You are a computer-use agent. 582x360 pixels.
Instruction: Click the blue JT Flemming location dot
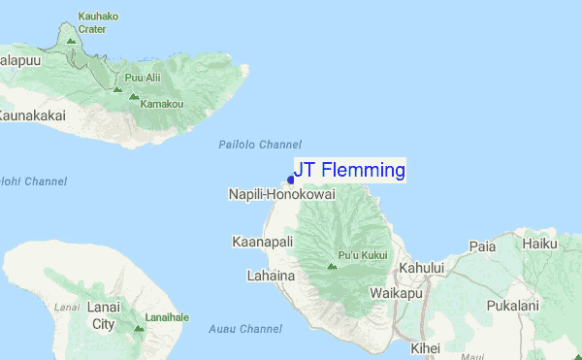click(290, 180)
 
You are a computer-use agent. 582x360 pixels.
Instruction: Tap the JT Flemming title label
click(349, 171)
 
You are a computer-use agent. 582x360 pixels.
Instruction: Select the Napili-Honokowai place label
click(281, 195)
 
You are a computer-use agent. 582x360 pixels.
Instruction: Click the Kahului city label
click(421, 267)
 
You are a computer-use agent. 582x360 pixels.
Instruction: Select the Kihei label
click(424, 347)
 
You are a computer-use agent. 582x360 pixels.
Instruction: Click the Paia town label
click(482, 247)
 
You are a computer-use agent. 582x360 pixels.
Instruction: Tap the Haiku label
click(539, 245)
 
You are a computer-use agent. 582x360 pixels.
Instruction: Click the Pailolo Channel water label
click(259, 145)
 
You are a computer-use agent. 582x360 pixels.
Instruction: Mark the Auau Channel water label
click(245, 329)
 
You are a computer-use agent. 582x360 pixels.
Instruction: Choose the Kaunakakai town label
click(32, 115)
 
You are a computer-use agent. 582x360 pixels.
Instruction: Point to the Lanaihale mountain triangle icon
click(138, 329)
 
